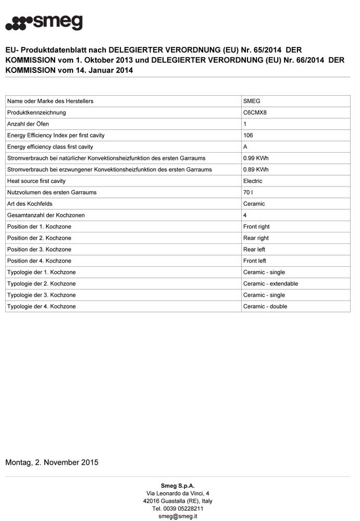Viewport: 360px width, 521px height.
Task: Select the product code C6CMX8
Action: [x=255, y=113]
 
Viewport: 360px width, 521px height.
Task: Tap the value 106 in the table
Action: [x=248, y=135]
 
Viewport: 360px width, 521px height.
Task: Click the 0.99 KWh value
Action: [x=256, y=158]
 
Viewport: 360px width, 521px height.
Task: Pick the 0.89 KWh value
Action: [x=256, y=169]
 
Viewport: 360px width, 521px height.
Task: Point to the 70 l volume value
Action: [x=247, y=192]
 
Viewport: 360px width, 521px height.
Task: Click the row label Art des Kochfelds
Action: [x=30, y=204]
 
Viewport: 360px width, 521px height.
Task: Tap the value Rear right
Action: [x=256, y=238]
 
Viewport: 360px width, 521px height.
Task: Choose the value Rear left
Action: [x=254, y=250]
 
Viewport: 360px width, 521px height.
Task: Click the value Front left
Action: [x=254, y=261]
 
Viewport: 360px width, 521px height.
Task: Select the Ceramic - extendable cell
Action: [x=270, y=284]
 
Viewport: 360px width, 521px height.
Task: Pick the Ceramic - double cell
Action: [x=265, y=306]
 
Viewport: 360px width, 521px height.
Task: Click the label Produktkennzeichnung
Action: [x=36, y=113]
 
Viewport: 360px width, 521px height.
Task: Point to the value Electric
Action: [x=253, y=181]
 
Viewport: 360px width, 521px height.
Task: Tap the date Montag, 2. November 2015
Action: [x=52, y=462]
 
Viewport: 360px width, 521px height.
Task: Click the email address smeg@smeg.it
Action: [x=178, y=516]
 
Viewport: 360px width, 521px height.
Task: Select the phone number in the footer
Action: [x=178, y=508]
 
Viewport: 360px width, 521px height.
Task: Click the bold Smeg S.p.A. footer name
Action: [x=178, y=486]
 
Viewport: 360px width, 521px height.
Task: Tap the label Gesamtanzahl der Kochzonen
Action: [x=46, y=215]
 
